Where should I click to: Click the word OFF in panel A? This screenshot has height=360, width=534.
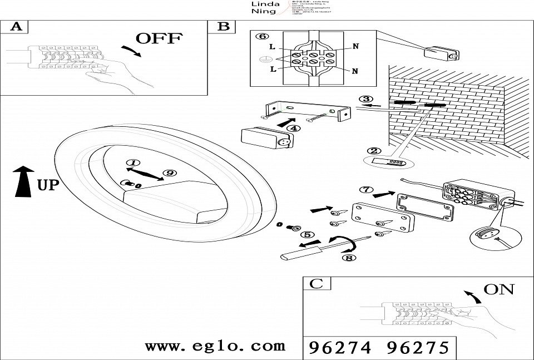click(159, 38)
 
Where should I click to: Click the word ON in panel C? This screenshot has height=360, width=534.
click(499, 289)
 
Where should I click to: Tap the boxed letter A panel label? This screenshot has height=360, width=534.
click(16, 27)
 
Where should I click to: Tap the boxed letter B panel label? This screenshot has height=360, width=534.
click(222, 27)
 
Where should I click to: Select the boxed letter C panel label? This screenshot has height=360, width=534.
click(315, 284)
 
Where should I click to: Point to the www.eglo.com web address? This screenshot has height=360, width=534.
click(215, 346)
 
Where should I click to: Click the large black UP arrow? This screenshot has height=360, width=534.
click(22, 181)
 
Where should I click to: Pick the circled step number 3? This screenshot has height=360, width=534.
click(365, 100)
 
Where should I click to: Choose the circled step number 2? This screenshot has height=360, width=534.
click(374, 150)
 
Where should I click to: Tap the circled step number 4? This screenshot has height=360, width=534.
click(294, 129)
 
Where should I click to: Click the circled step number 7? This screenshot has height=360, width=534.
click(366, 190)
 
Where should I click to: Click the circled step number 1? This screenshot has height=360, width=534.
click(132, 164)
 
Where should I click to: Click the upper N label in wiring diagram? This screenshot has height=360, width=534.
click(355, 47)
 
